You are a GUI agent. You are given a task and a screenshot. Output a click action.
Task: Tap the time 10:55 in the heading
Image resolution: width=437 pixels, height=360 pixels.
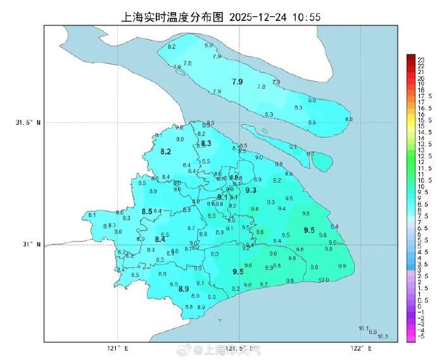306,16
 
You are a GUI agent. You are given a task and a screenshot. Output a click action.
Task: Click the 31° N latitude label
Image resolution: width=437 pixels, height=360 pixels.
31,245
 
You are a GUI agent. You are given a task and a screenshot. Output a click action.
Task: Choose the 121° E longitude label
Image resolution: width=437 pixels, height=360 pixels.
117,348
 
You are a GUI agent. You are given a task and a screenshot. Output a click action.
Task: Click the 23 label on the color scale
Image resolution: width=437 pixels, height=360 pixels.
421,59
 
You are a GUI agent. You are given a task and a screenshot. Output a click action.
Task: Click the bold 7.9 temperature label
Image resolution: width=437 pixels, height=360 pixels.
237,82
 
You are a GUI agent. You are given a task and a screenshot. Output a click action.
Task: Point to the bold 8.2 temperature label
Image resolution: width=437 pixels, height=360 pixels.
166,151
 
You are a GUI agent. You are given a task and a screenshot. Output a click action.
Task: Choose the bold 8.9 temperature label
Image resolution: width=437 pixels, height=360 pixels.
184,289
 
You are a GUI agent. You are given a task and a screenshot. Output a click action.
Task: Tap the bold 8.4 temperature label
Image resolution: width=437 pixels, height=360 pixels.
160,239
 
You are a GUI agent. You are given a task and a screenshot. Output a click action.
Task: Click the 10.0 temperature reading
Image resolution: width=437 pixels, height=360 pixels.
323,280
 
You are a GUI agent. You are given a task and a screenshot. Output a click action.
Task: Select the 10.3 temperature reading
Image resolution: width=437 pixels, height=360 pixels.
383,337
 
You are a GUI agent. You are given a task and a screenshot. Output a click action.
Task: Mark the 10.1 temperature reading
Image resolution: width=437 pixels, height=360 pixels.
363,328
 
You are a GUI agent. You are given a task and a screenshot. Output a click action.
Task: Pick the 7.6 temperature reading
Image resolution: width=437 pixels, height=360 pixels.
187,63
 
